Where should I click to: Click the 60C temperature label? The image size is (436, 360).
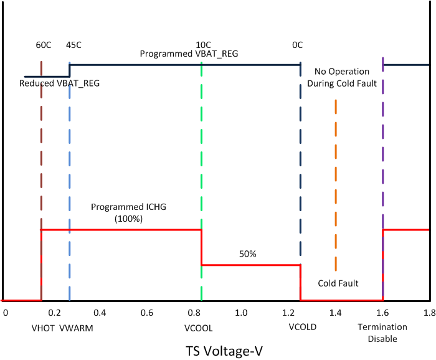(x=43, y=45)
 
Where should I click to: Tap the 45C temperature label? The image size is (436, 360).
(x=73, y=45)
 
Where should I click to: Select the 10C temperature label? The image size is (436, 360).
(x=203, y=45)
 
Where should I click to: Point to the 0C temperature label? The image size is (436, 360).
(x=298, y=45)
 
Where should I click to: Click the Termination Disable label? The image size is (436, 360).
(x=382, y=333)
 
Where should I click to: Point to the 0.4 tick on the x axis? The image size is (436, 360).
(x=100, y=312)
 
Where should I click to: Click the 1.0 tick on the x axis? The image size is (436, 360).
(x=241, y=312)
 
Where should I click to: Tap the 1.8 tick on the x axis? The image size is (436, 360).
(x=428, y=312)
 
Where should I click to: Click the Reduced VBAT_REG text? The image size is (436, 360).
(x=59, y=83)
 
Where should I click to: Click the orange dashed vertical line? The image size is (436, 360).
(x=336, y=187)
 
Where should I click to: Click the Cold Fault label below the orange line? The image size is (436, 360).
(x=338, y=283)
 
